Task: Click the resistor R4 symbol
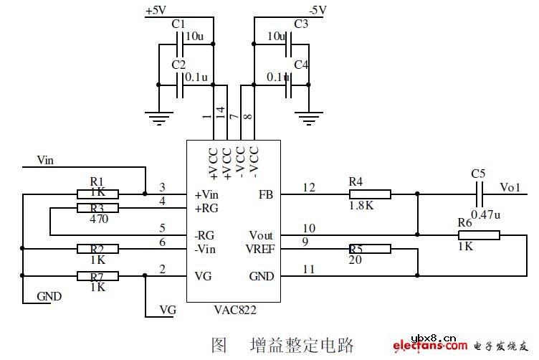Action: (x=370, y=194)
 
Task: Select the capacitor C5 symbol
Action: (x=480, y=194)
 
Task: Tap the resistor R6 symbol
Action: (x=480, y=234)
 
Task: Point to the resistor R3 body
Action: (x=98, y=208)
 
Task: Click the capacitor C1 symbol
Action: (x=180, y=44)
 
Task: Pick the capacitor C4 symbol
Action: (x=287, y=85)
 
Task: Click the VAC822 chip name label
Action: (x=235, y=311)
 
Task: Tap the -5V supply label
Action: (x=316, y=10)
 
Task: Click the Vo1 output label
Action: (x=510, y=187)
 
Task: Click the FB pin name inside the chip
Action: (x=266, y=194)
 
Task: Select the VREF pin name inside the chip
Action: (x=260, y=249)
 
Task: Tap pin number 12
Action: (x=309, y=188)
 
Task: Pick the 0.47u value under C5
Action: (x=486, y=213)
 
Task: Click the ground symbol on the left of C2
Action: (x=157, y=114)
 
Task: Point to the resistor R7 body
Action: (x=98, y=275)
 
